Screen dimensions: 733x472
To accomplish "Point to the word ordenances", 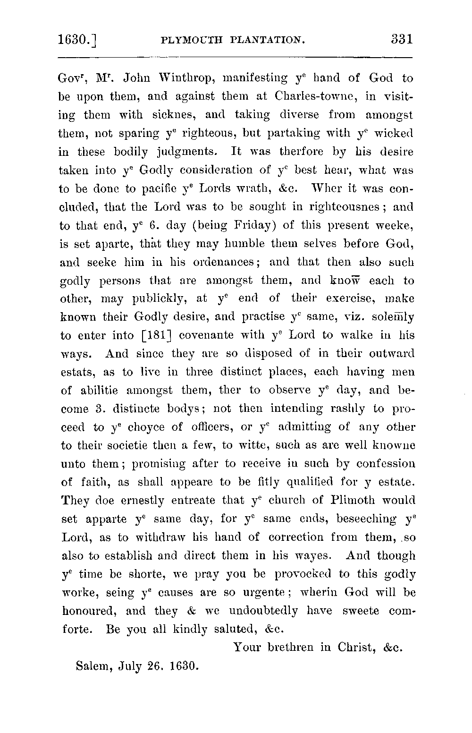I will tap(215, 262).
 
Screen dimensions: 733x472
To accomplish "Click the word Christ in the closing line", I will tap(356, 648).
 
